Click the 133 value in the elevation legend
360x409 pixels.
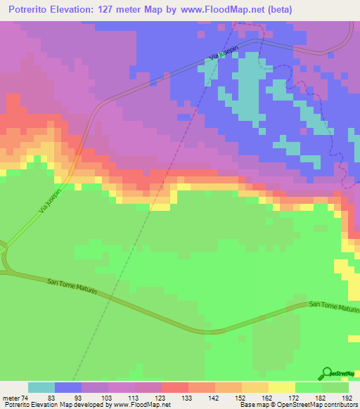188,398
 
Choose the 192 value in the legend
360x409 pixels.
347,398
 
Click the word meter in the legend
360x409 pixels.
11,398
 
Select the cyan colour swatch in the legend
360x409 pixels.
41,387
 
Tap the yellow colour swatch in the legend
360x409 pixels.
281,387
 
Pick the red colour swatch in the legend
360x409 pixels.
174,387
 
